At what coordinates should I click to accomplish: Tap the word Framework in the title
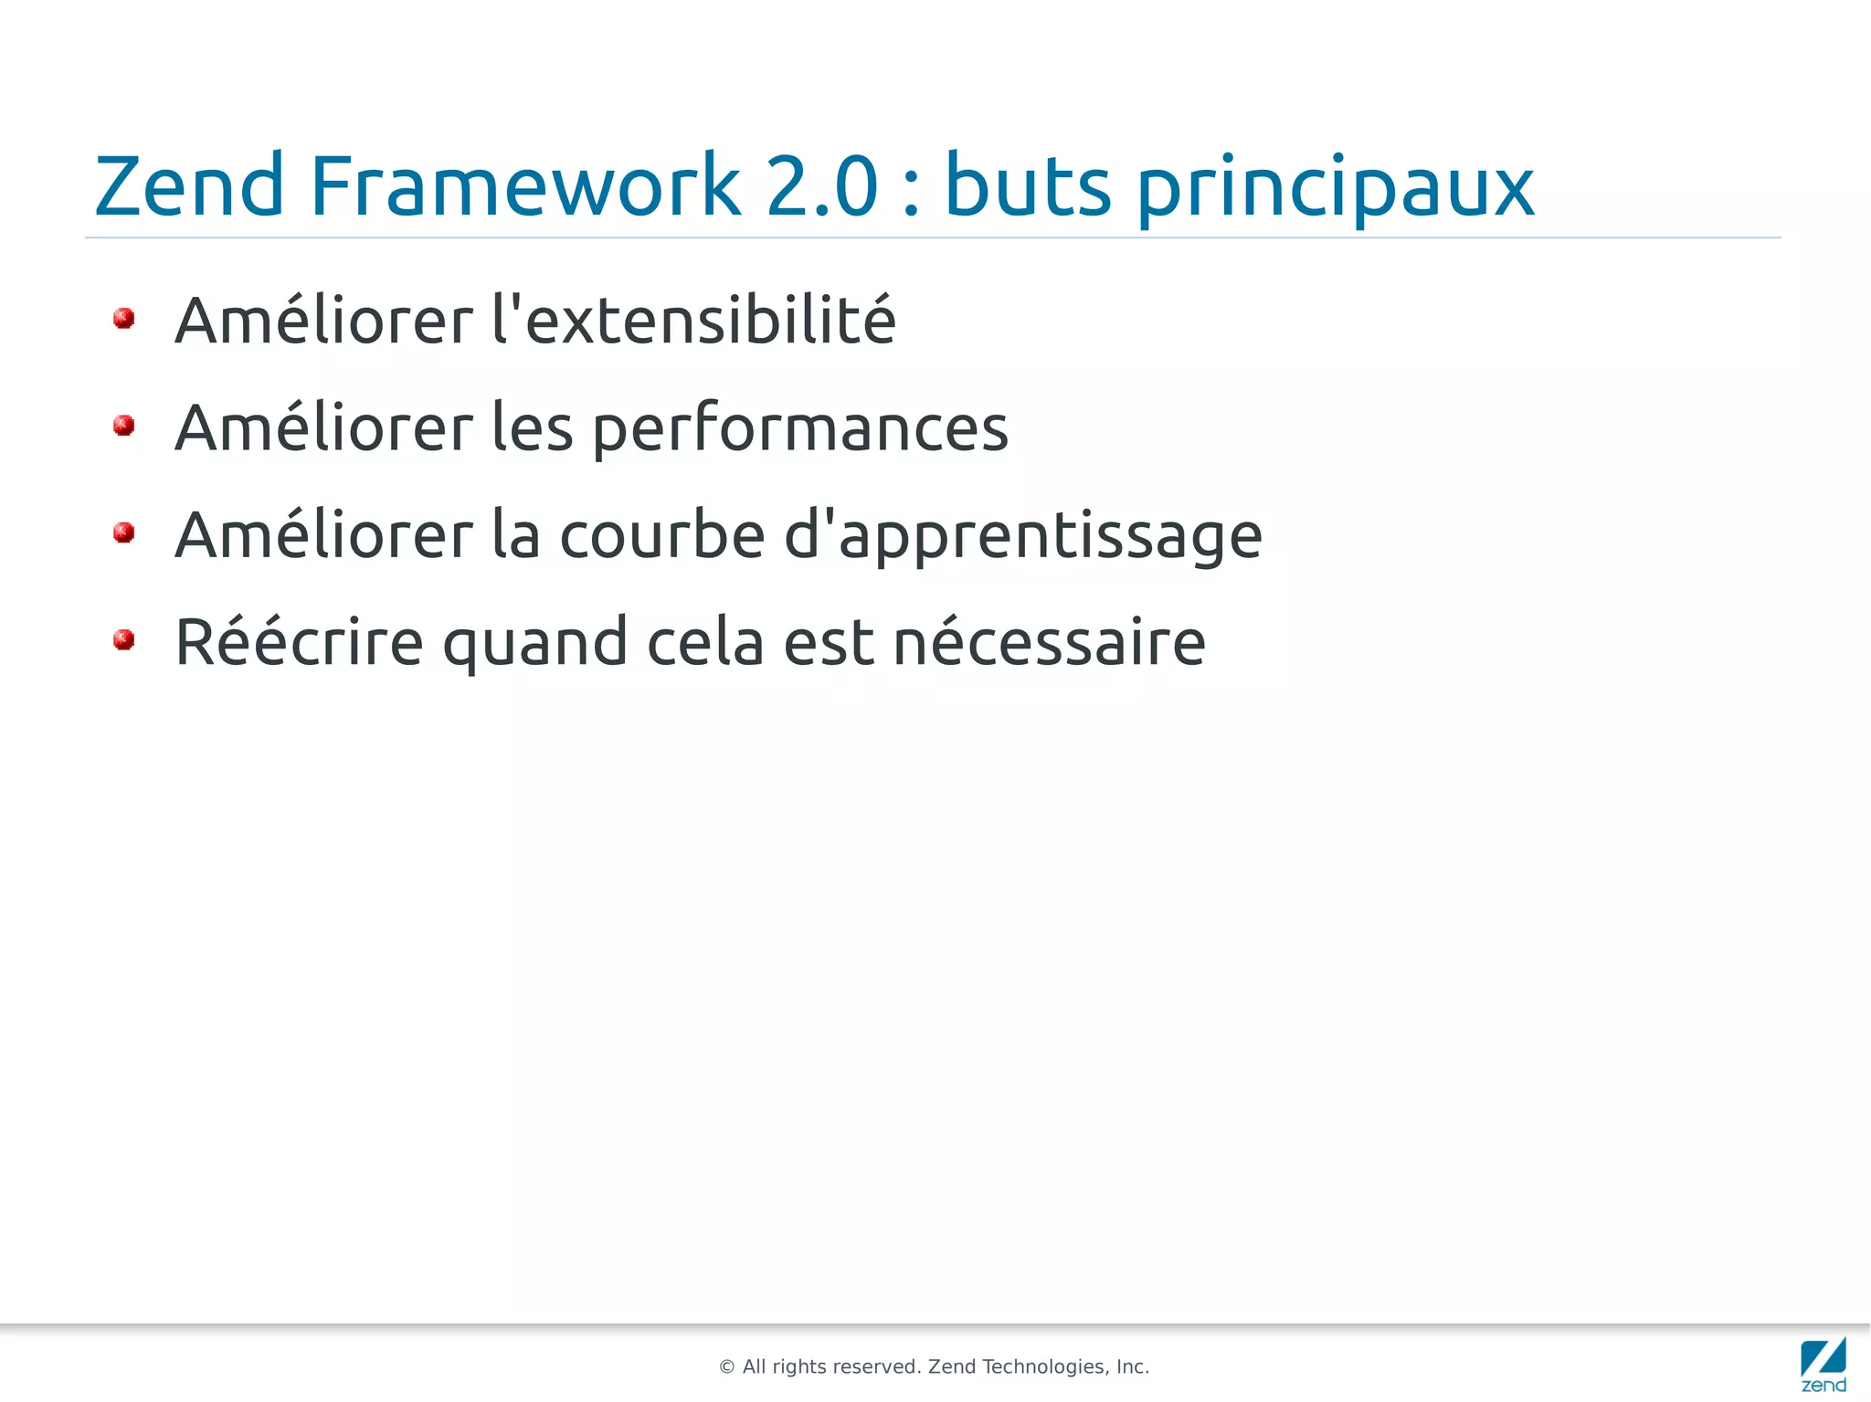(x=524, y=186)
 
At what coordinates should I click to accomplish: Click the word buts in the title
(x=1028, y=186)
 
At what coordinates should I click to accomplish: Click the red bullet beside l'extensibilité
(x=124, y=319)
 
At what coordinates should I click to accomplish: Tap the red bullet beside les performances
(x=124, y=426)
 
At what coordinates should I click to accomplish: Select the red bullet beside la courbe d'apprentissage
(x=124, y=532)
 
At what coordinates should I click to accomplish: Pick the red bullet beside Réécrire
(x=124, y=639)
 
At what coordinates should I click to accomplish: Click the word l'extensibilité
(x=693, y=321)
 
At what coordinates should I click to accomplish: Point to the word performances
(x=800, y=429)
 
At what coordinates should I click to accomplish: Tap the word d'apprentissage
(x=1023, y=537)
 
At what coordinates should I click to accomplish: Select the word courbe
(x=662, y=535)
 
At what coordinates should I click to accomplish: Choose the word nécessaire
(x=1049, y=643)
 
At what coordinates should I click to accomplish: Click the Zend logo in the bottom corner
(x=1823, y=1365)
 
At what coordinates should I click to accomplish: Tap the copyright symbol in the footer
(x=727, y=1367)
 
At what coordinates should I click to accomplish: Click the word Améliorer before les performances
(x=324, y=427)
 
